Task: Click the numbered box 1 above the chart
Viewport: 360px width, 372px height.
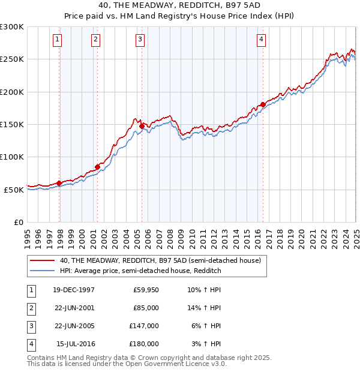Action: tap(57, 40)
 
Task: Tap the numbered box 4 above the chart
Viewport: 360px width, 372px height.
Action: tap(262, 40)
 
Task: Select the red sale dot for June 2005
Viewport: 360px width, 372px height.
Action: tap(142, 126)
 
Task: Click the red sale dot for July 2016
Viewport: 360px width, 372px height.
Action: tap(263, 104)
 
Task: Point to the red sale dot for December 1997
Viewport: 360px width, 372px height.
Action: tap(59, 183)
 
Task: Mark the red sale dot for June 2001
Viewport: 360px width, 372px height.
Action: tap(97, 167)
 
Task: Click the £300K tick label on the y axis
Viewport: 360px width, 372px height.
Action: tap(11, 27)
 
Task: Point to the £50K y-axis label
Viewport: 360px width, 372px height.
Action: tap(14, 190)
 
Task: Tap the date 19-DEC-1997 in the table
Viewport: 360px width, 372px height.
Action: tap(74, 289)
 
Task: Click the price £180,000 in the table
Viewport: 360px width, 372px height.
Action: tap(144, 344)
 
